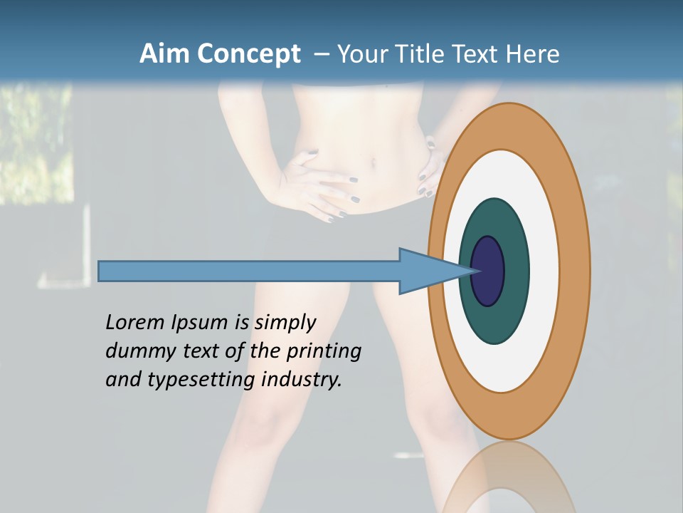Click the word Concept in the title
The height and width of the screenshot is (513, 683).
click(x=248, y=54)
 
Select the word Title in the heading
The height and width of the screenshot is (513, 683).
click(x=425, y=54)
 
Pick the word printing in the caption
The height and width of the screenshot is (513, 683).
click(x=324, y=352)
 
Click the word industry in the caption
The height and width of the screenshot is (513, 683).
click(x=302, y=380)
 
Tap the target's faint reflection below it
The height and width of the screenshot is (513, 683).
click(x=509, y=477)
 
